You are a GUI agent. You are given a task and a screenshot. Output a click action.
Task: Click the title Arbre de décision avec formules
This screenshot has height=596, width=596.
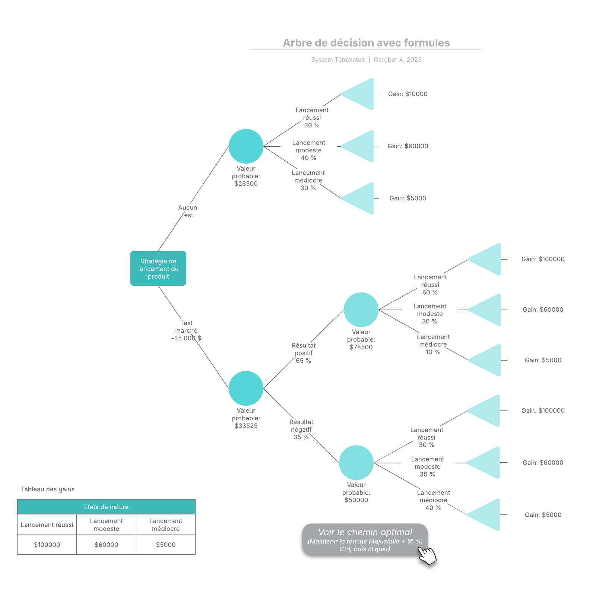(x=366, y=43)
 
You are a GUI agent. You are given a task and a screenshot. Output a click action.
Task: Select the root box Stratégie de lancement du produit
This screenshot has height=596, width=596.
(x=158, y=269)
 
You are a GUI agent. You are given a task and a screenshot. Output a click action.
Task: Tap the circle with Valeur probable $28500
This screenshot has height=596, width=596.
(x=246, y=146)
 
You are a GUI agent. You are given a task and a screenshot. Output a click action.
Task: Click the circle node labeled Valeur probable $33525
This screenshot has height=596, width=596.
(x=246, y=388)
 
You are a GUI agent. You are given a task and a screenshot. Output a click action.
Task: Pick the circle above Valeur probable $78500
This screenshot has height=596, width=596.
(x=361, y=310)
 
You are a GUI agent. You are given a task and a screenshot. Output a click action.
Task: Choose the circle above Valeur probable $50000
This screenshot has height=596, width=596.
(x=356, y=462)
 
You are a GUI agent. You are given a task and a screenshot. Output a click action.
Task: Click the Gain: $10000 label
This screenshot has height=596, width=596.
(x=408, y=94)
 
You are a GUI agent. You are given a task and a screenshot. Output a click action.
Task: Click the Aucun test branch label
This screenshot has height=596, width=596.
(x=187, y=211)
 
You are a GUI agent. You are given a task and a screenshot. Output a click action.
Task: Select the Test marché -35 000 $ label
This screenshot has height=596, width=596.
(x=186, y=330)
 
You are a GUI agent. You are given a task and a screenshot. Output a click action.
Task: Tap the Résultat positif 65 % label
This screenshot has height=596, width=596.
(x=304, y=353)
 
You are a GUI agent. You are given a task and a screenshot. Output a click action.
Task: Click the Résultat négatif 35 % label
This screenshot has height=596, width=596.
(x=301, y=429)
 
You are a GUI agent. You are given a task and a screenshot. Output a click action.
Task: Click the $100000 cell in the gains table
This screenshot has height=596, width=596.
(x=47, y=545)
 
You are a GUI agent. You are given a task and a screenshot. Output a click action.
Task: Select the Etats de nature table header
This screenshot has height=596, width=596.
(x=106, y=507)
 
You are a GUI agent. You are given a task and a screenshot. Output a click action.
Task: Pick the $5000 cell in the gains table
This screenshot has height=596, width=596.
(x=166, y=545)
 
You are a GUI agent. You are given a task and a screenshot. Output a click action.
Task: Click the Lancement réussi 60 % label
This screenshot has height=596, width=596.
(x=430, y=285)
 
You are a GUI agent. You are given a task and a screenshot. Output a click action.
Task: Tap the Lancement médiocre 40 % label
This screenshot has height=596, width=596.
(x=433, y=500)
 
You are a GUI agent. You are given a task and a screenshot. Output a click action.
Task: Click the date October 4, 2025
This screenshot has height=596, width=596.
(x=397, y=60)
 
